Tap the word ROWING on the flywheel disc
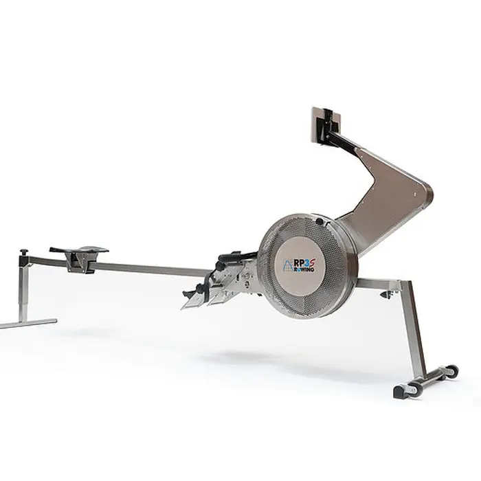[304, 269]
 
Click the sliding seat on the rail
[79, 250]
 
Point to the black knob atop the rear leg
[24, 254]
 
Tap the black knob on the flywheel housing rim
[320, 221]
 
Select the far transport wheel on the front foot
[451, 371]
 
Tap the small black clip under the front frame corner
[386, 294]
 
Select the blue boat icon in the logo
[289, 265]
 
